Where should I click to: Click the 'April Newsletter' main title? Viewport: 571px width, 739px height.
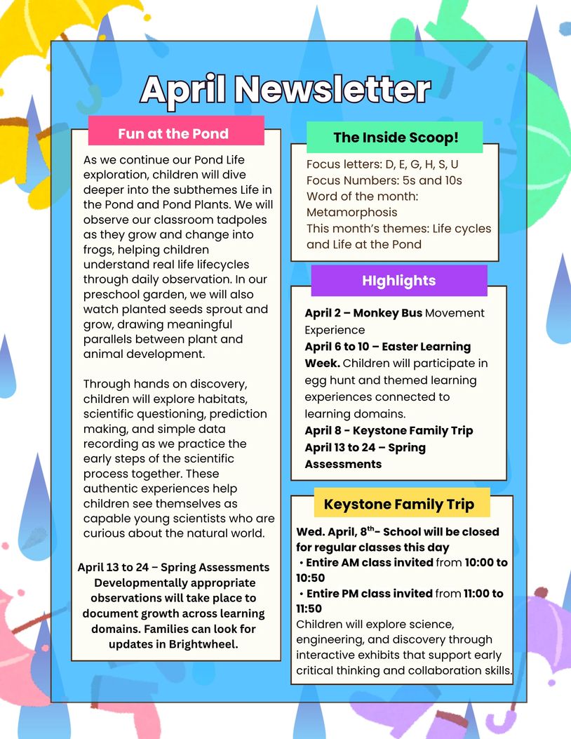click(x=285, y=89)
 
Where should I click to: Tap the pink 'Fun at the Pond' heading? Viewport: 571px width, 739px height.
click(x=173, y=133)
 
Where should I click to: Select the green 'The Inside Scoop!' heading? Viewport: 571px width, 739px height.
click(x=396, y=138)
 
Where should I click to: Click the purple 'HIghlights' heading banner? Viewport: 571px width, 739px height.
click(x=398, y=281)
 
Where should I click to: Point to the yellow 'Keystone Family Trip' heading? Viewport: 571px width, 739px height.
click(x=399, y=504)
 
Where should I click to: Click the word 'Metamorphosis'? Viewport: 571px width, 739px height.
click(x=351, y=212)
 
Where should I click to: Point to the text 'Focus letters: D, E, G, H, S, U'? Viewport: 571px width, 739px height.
click(x=382, y=164)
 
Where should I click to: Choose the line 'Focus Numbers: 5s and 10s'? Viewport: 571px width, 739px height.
click(x=384, y=180)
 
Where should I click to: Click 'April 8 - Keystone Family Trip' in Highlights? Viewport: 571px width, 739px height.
click(x=389, y=430)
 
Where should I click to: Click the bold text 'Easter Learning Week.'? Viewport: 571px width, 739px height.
click(x=388, y=355)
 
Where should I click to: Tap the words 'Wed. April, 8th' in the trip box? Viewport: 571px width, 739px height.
click(x=334, y=532)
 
